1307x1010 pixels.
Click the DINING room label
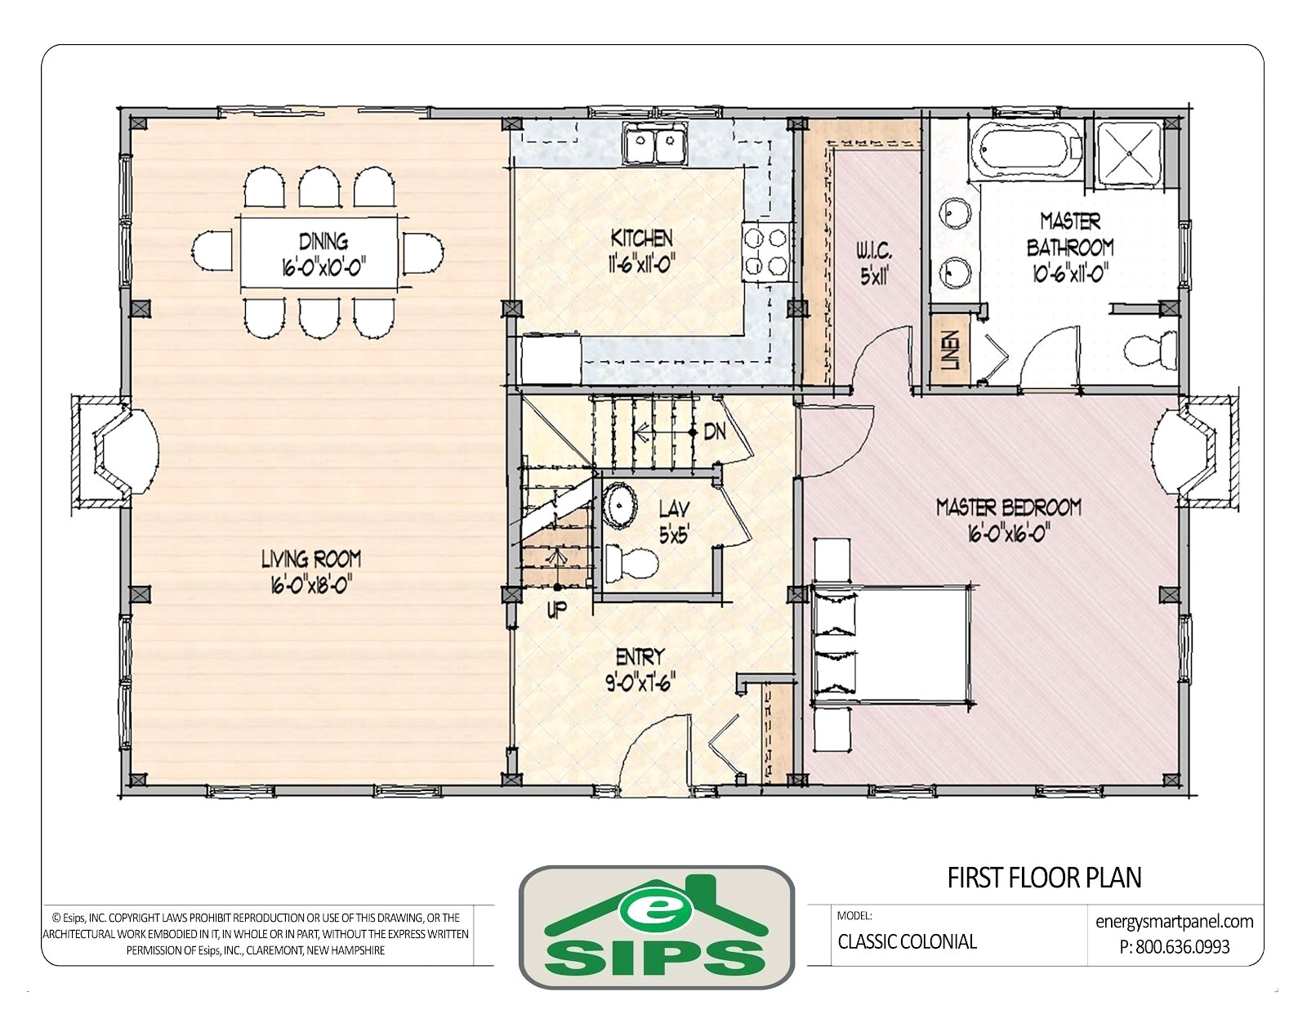pyautogui.click(x=323, y=241)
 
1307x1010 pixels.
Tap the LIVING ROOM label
pyautogui.click(x=311, y=560)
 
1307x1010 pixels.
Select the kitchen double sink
pyautogui.click(x=656, y=143)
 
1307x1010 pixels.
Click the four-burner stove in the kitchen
pyautogui.click(x=765, y=252)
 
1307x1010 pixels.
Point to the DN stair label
pyautogui.click(x=715, y=431)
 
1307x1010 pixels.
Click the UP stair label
pyautogui.click(x=556, y=610)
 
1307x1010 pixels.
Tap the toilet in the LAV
pyautogui.click(x=631, y=563)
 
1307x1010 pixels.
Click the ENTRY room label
pyautogui.click(x=640, y=655)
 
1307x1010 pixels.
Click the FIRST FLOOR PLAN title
pyautogui.click(x=1045, y=878)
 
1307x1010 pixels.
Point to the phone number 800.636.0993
pyautogui.click(x=1175, y=947)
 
